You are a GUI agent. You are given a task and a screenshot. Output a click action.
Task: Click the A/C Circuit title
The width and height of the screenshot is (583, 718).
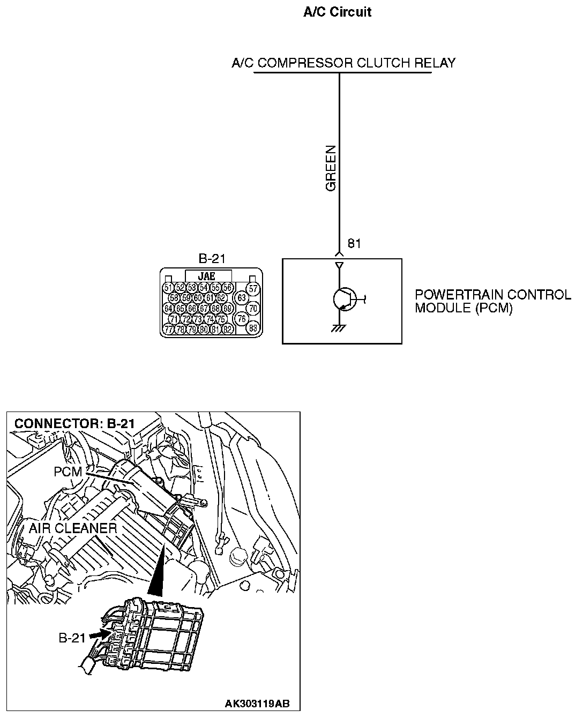(337, 12)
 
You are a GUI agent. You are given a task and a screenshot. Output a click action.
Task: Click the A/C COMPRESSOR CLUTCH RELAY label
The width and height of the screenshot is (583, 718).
(343, 63)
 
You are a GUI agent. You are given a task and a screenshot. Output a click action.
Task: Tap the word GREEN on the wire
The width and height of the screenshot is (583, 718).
(331, 168)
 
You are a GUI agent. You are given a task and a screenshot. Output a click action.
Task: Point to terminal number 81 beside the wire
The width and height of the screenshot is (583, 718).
(354, 244)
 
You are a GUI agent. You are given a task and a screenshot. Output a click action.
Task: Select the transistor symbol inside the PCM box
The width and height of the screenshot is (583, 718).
(343, 299)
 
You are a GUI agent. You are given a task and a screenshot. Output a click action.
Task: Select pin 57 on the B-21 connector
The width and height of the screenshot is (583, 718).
(253, 288)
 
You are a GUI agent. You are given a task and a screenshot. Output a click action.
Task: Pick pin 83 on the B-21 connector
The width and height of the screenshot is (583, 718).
(253, 328)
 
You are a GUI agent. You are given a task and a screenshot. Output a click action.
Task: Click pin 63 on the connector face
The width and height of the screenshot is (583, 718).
(242, 297)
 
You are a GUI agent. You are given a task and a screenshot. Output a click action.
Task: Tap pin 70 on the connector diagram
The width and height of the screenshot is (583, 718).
(253, 308)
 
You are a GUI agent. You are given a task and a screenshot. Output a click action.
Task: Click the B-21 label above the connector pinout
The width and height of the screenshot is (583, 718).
(212, 259)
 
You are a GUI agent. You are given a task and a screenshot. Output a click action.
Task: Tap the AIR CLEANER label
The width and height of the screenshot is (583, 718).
(72, 528)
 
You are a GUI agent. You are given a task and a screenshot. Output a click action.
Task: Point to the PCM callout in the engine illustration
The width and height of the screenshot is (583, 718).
(68, 472)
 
